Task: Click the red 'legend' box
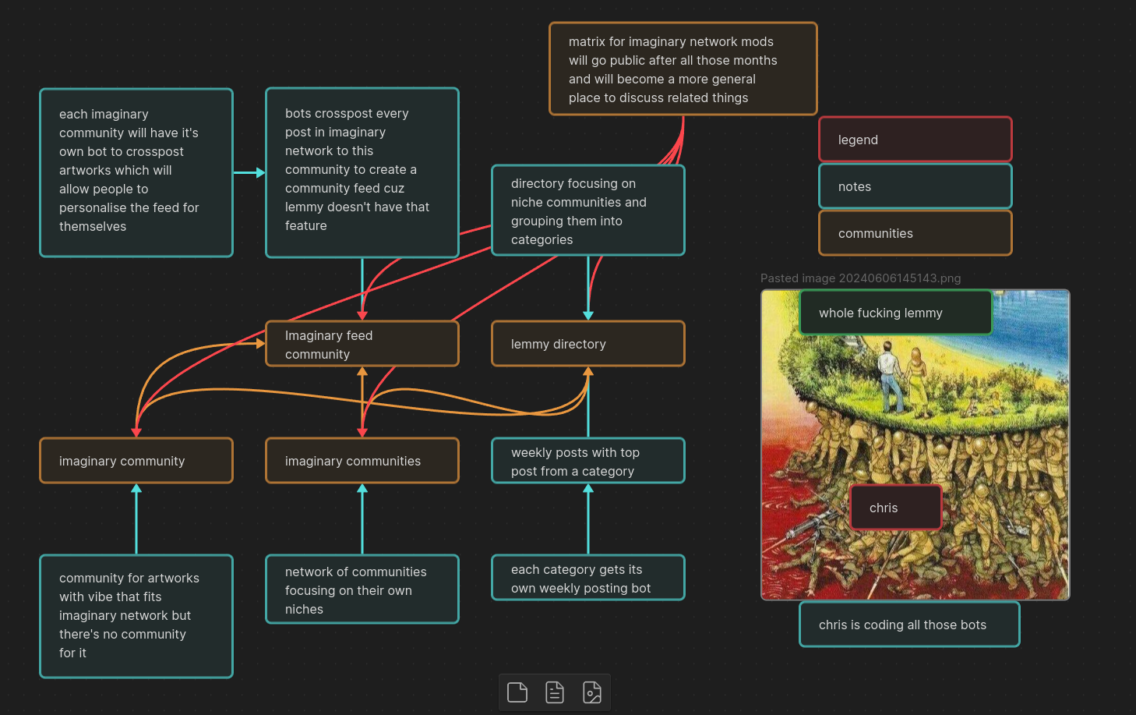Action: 915,140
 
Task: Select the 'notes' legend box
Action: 915,186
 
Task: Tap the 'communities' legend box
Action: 915,233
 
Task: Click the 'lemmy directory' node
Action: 587,344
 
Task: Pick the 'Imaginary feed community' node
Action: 362,344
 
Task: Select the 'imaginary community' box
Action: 136,461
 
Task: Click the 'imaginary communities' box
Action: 362,461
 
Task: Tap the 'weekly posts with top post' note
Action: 587,461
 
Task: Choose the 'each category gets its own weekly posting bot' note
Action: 587,578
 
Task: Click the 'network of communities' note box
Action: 362,589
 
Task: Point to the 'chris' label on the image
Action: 895,508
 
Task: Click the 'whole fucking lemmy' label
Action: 895,313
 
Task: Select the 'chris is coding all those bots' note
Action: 908,625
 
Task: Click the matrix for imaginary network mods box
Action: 683,69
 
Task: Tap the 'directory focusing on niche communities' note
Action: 587,211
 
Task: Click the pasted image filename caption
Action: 860,278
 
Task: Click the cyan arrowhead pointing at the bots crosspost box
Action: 260,172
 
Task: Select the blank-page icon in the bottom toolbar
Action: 517,692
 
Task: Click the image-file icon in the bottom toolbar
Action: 592,692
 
